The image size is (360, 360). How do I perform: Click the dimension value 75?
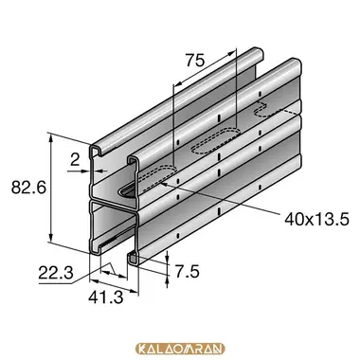(x=195, y=61)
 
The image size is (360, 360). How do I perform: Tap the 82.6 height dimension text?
(x=28, y=188)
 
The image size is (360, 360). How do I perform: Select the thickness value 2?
(x=75, y=161)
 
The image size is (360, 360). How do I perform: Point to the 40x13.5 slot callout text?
(x=316, y=219)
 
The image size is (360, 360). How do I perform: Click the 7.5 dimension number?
(x=188, y=272)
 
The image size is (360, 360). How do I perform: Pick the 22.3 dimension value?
(x=56, y=273)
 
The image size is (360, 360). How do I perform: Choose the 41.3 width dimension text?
(x=106, y=297)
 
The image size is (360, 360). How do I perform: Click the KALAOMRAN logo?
(x=180, y=349)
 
